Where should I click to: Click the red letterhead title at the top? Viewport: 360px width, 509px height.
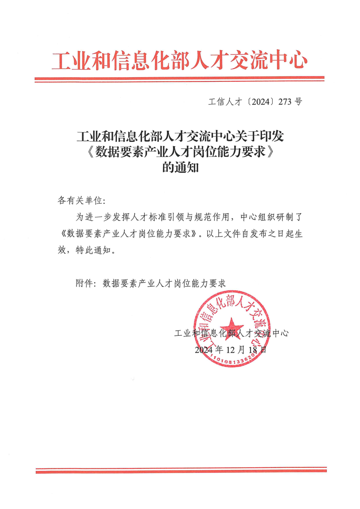179,61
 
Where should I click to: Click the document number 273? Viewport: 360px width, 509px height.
285,102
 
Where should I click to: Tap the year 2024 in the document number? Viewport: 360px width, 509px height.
260,102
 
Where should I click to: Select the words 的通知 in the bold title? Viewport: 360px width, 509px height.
180,167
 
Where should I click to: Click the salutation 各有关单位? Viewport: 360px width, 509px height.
80,200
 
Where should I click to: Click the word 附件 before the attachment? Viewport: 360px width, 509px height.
85,283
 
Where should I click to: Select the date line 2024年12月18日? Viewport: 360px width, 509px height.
231,350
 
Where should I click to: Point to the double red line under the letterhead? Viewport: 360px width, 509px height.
179,79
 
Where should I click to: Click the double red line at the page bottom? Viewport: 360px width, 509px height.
181,470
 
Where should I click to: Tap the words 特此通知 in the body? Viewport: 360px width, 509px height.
95,250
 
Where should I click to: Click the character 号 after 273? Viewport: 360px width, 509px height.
299,102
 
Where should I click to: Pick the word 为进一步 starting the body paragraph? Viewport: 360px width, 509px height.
94,217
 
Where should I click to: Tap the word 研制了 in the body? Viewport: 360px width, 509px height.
289,217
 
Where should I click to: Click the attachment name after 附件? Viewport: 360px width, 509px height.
164,283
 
